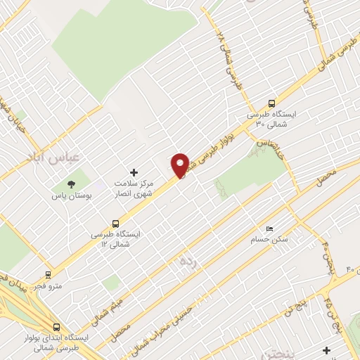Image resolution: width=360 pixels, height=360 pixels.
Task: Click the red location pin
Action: point(181,165)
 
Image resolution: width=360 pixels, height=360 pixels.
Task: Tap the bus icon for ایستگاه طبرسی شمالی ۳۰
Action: point(272,102)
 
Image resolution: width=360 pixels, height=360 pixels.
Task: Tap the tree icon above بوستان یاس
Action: point(70,184)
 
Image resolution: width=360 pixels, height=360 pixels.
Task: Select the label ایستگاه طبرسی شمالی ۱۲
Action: point(116,238)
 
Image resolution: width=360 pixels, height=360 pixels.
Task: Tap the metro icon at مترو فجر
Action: point(48,275)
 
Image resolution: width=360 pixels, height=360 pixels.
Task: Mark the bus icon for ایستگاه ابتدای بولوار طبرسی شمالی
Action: point(56,328)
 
